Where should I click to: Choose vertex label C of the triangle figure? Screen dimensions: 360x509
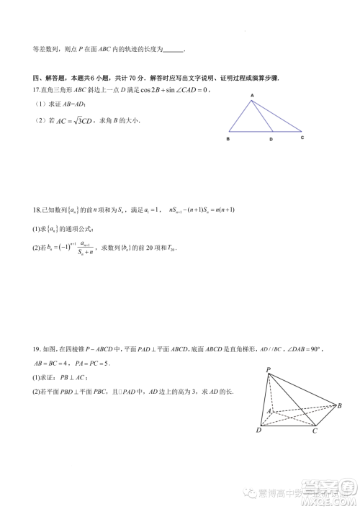pos(302,137)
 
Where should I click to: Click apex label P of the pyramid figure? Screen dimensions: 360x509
pos(268,370)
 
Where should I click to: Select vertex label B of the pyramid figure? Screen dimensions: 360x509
pos(338,407)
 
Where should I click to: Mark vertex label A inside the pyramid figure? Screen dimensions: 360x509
pos(270,410)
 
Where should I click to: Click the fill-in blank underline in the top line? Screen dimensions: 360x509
pos(174,51)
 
